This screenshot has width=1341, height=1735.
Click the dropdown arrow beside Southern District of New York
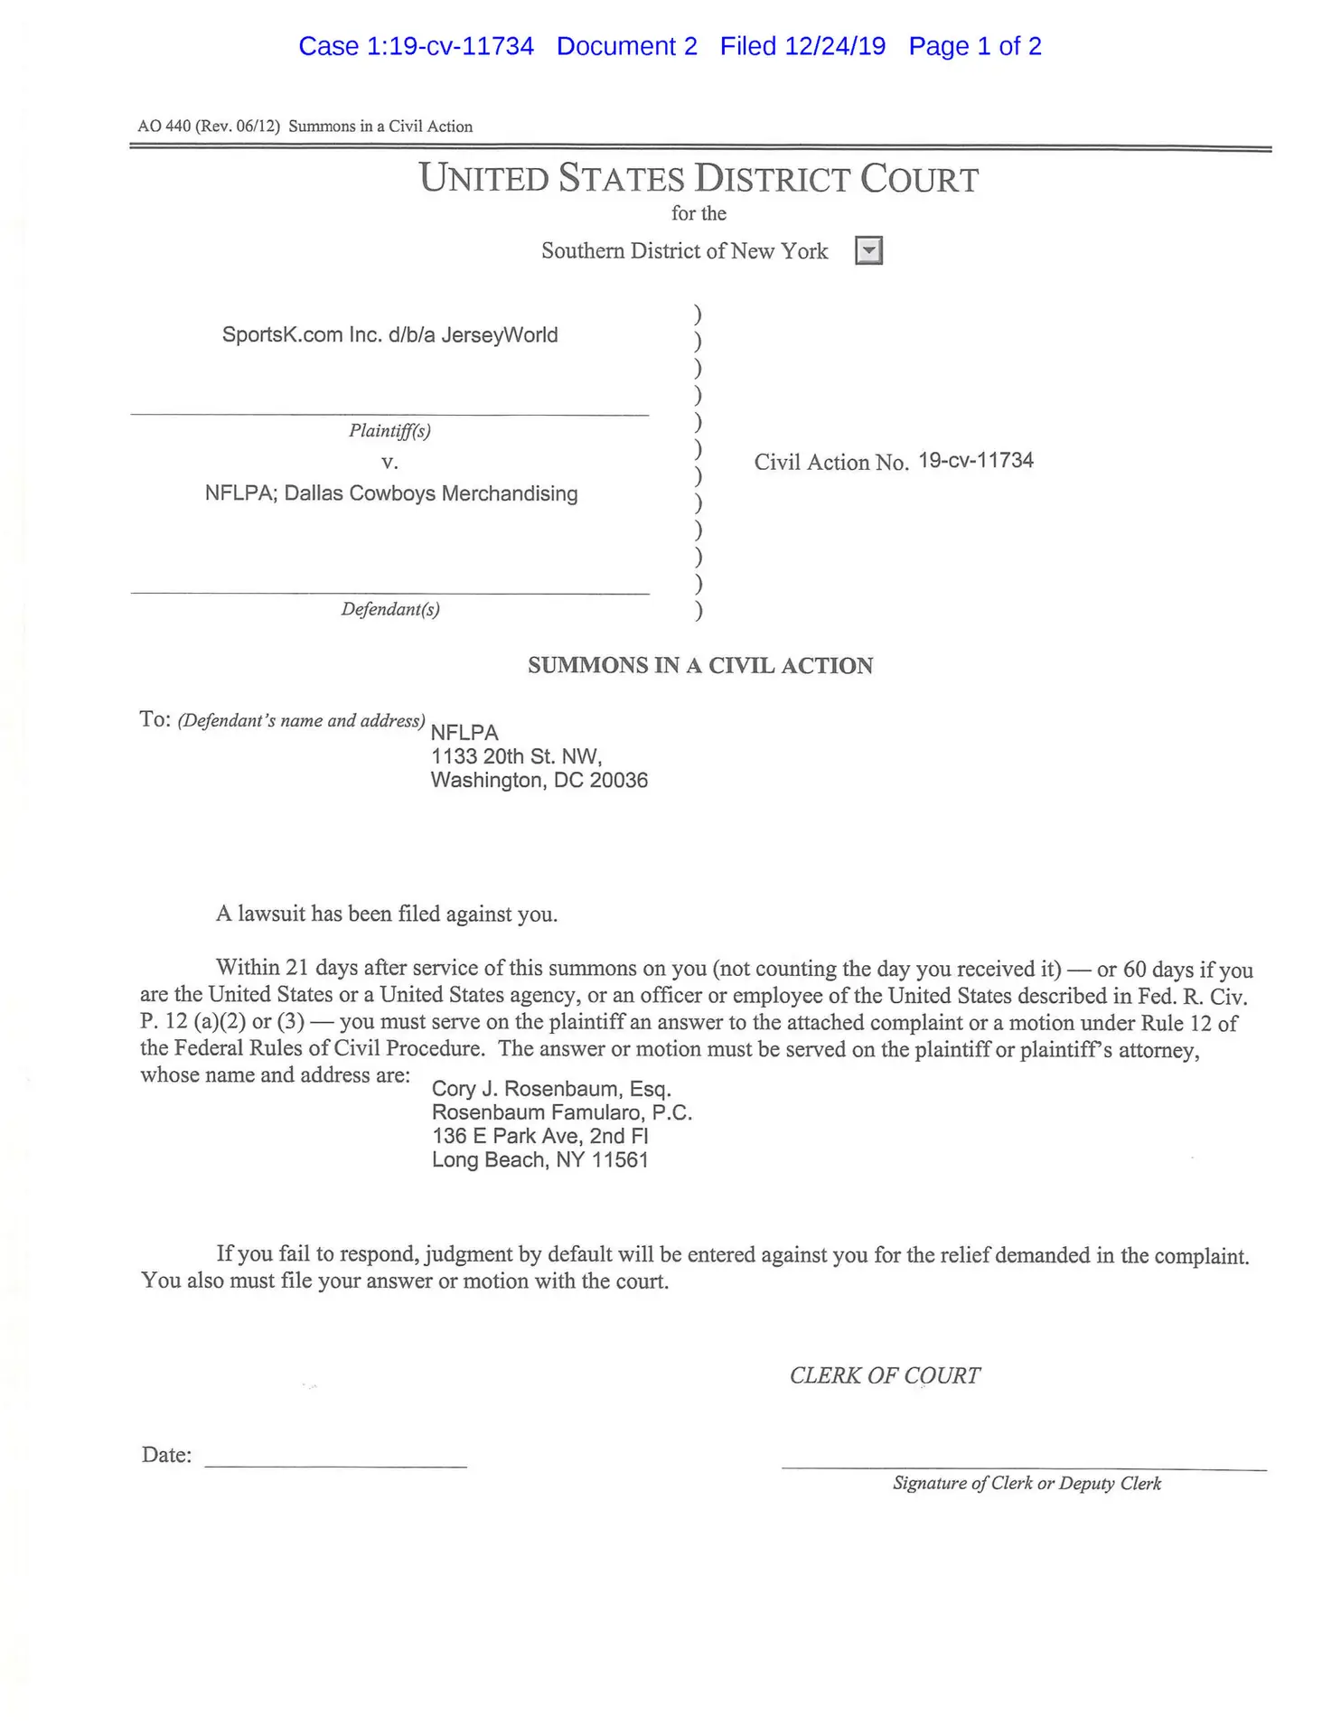pyautogui.click(x=867, y=250)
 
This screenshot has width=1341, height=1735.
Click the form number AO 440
pyautogui.click(x=164, y=127)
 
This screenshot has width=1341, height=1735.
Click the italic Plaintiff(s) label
pyautogui.click(x=389, y=430)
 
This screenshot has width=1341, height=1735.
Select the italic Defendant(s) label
pyautogui.click(x=390, y=609)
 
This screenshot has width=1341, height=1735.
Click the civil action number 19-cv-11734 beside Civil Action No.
pyautogui.click(x=976, y=461)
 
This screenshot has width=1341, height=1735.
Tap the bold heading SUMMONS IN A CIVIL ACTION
pyautogui.click(x=700, y=666)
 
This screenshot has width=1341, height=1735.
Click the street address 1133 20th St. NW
pyautogui.click(x=516, y=756)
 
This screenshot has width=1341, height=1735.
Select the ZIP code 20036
pyautogui.click(x=618, y=781)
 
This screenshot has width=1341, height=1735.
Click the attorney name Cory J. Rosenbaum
pyautogui.click(x=527, y=1089)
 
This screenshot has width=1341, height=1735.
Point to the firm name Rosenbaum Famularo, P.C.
pyautogui.click(x=561, y=1112)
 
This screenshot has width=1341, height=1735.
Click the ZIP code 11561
pyautogui.click(x=620, y=1160)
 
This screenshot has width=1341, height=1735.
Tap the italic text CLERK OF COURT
pyautogui.click(x=885, y=1375)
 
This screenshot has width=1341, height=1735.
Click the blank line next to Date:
pyautogui.click(x=335, y=1456)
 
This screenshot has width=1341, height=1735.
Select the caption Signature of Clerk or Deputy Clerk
pyautogui.click(x=1027, y=1483)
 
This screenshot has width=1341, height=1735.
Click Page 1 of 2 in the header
pyautogui.click(x=975, y=46)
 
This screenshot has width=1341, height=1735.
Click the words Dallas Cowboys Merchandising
pyautogui.click(x=431, y=494)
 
